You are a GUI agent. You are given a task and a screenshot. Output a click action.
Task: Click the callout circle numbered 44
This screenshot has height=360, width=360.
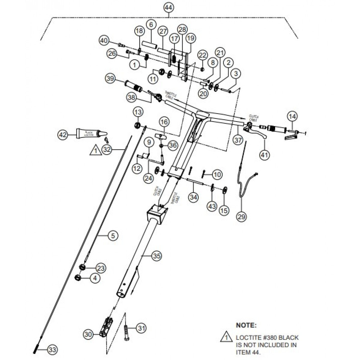(x=169, y=7)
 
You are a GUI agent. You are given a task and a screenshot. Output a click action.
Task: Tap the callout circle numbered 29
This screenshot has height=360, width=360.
(x=242, y=216)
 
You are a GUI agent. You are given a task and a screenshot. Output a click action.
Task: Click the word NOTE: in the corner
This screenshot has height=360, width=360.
(x=246, y=325)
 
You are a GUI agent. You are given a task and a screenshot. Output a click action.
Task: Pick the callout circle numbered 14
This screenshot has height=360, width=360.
(x=293, y=116)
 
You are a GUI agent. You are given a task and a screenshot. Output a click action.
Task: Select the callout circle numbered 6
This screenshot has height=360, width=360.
(x=151, y=25)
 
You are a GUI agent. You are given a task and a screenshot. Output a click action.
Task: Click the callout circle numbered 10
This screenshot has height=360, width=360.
(x=217, y=174)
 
